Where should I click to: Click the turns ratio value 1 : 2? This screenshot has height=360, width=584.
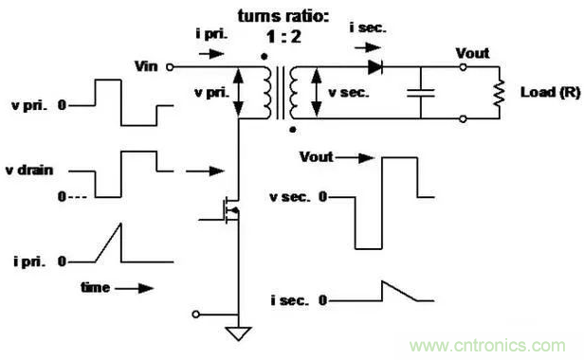pyautogui.click(x=283, y=37)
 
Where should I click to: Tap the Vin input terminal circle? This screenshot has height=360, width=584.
pyautogui.click(x=170, y=67)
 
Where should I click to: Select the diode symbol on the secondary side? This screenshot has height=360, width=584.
pyautogui.click(x=375, y=67)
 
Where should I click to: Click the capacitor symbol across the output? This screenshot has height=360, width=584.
pyautogui.click(x=421, y=93)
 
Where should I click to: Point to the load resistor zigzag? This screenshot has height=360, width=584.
pyautogui.click(x=499, y=93)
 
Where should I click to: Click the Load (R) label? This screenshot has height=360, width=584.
pyautogui.click(x=550, y=92)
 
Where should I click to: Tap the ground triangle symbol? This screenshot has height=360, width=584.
pyautogui.click(x=238, y=333)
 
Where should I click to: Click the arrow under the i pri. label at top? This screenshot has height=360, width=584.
pyautogui.click(x=211, y=54)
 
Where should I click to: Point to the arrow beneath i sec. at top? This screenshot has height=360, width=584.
pyautogui.click(x=368, y=47)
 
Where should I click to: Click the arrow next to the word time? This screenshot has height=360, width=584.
pyautogui.click(x=134, y=288)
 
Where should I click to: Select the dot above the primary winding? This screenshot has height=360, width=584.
pyautogui.click(x=265, y=57)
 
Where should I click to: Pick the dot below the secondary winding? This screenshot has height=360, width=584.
pyautogui.click(x=293, y=130)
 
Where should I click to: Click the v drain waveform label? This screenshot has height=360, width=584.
pyautogui.click(x=29, y=171)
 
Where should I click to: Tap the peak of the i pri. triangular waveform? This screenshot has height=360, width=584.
pyautogui.click(x=121, y=224)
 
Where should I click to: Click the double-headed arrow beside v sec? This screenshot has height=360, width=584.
pyautogui.click(x=317, y=93)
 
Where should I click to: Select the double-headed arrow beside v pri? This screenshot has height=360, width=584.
pyautogui.click(x=238, y=93)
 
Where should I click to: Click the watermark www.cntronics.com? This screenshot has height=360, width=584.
pyautogui.click(x=487, y=346)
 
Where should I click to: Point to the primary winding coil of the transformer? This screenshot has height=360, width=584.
pyautogui.click(x=267, y=93)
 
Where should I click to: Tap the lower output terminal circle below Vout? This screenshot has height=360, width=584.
pyautogui.click(x=463, y=118)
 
